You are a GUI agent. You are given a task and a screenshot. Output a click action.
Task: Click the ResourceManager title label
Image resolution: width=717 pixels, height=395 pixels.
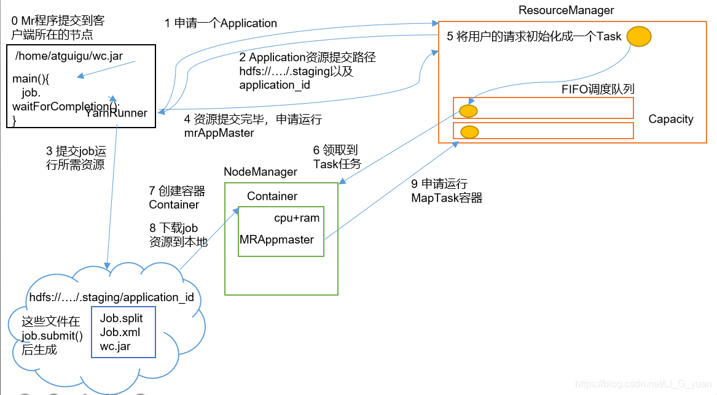point(566,10)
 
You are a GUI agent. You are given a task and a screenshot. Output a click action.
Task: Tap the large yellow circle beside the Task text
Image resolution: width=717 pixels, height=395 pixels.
point(639,36)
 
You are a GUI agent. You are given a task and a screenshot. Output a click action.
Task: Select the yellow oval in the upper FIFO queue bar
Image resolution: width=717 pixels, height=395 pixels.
point(468,111)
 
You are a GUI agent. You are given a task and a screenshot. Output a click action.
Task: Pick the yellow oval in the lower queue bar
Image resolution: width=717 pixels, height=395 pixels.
point(469,132)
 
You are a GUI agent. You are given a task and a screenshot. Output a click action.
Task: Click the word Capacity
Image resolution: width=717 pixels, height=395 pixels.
point(670,119)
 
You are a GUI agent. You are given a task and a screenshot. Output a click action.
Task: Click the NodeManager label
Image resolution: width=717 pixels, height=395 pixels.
point(260,172)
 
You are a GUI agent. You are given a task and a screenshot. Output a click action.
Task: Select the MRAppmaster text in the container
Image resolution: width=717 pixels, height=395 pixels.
point(276,239)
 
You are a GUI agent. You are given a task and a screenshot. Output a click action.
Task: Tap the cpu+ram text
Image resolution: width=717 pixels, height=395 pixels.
point(297,218)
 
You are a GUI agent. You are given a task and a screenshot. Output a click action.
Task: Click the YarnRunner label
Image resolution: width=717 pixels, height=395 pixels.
point(116,113)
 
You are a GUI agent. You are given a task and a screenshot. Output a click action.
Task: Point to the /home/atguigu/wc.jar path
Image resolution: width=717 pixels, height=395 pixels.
point(69,56)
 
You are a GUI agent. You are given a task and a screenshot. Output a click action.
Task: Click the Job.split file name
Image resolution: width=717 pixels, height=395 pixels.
point(121,318)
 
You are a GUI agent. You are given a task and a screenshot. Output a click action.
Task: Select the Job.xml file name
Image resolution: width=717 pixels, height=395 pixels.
point(120,332)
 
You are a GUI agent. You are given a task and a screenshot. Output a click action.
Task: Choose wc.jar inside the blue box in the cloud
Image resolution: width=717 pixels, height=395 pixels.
point(115,347)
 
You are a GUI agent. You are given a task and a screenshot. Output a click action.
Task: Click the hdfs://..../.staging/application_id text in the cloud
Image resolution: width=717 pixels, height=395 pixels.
point(112,297)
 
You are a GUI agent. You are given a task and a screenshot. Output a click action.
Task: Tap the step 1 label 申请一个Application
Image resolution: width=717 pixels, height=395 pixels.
point(221,23)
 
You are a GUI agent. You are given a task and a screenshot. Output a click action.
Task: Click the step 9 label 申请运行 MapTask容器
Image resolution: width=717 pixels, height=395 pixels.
point(447,191)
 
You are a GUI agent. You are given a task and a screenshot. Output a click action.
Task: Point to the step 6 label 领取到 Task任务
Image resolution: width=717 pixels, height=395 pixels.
point(337,156)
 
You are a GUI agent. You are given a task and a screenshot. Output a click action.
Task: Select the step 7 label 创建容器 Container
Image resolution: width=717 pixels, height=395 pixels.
point(177,197)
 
